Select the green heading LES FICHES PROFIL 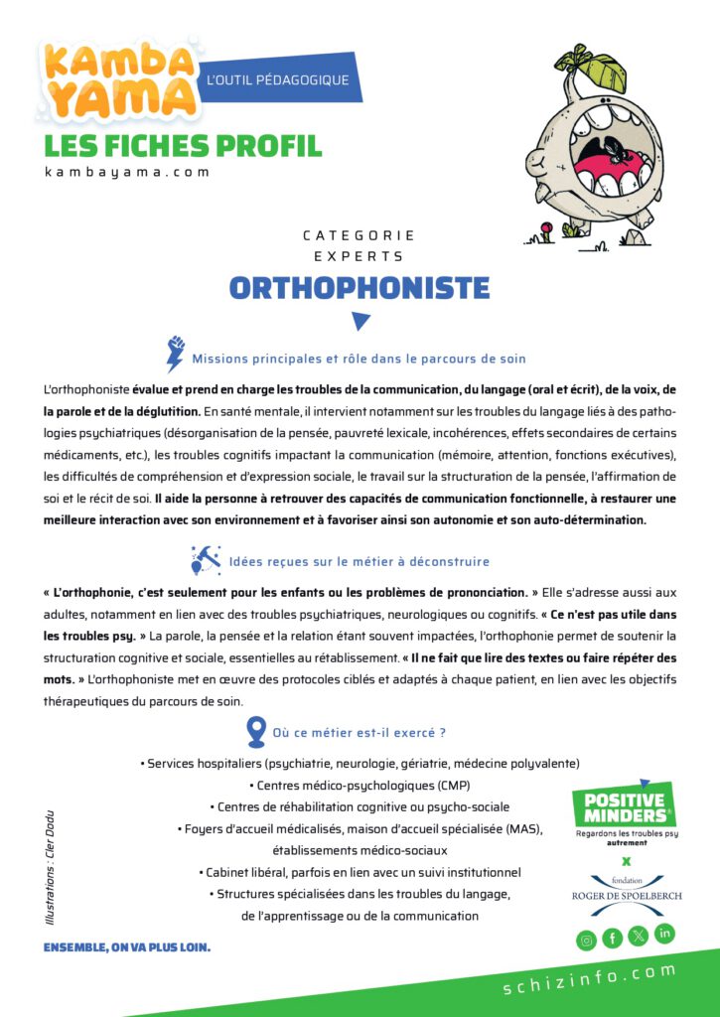(x=183, y=145)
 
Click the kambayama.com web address (x=127, y=172)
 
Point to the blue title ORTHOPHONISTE (x=360, y=288)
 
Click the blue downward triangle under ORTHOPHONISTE (x=360, y=321)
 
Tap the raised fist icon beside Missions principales (x=176, y=355)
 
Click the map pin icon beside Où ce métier (x=255, y=732)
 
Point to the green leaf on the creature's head (x=600, y=66)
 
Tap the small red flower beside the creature (x=543, y=236)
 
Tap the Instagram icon (x=587, y=939)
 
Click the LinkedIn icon (x=664, y=934)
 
